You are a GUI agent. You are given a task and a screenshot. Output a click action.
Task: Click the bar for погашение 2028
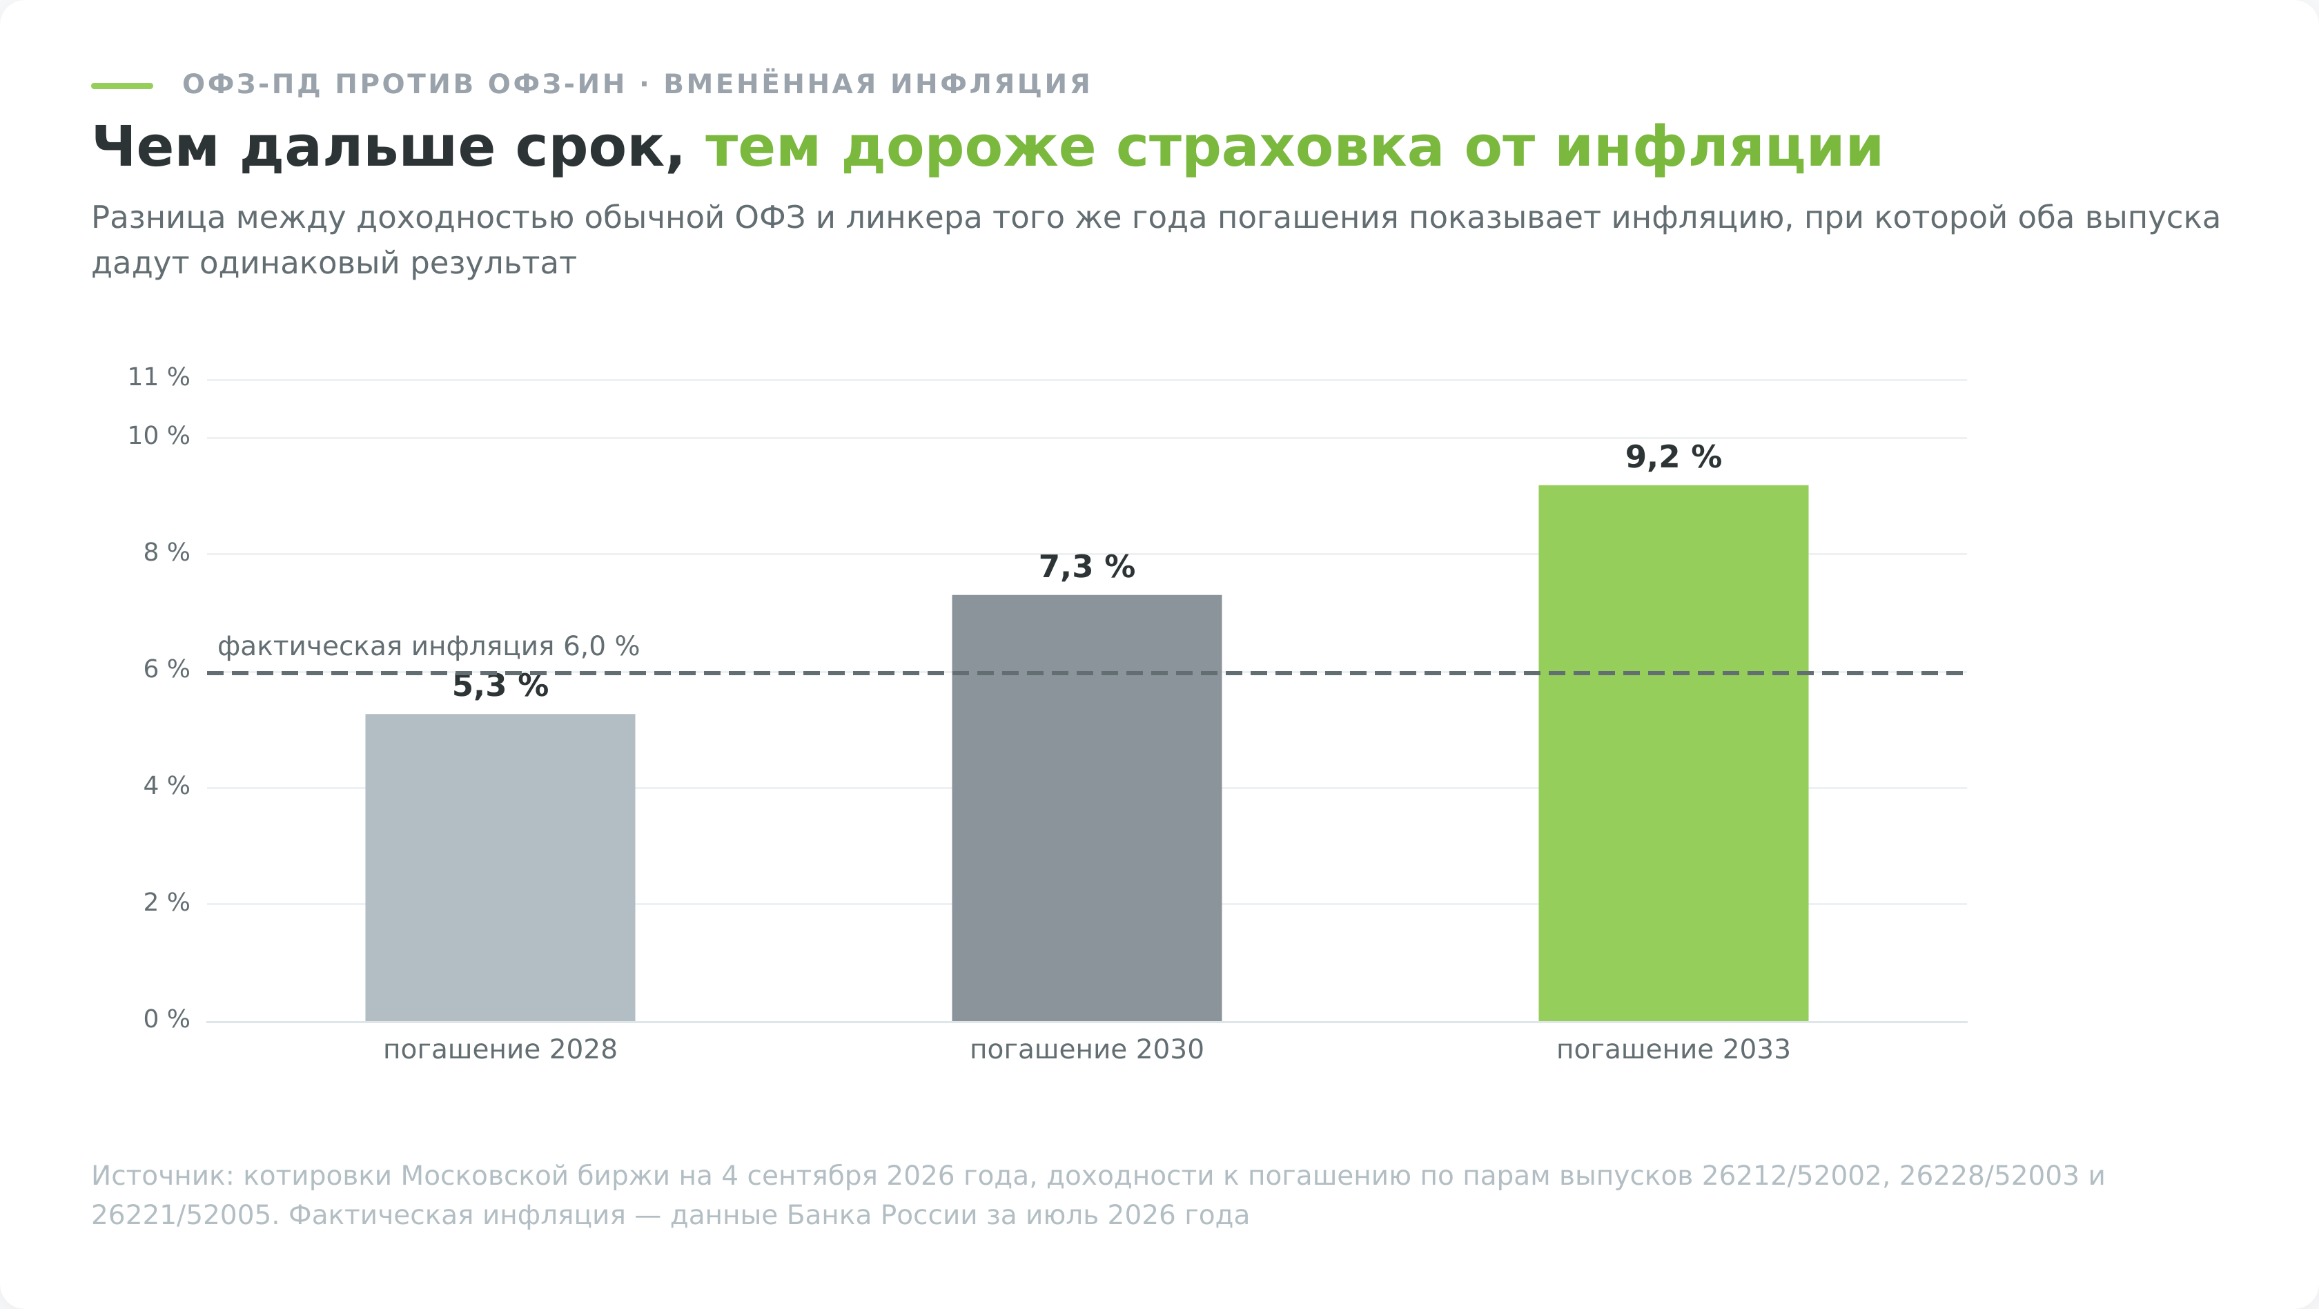[x=500, y=867]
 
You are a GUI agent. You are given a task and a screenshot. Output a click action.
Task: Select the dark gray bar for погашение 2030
[x=1086, y=808]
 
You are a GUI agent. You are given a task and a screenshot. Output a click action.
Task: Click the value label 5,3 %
[x=500, y=686]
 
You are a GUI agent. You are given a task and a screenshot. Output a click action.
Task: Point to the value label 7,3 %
[x=1086, y=568]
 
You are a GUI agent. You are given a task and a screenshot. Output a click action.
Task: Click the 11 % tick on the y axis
[x=159, y=377]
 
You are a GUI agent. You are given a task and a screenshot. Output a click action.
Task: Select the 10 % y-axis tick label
[x=159, y=436]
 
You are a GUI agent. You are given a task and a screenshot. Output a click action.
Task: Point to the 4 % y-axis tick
[x=166, y=786]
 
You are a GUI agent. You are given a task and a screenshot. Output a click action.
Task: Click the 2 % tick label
[x=166, y=902]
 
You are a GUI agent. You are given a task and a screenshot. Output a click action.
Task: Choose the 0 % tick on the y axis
[x=166, y=1019]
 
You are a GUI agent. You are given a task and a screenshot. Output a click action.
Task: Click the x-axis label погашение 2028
[x=500, y=1049]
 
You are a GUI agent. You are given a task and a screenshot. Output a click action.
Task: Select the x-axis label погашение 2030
[x=1086, y=1049]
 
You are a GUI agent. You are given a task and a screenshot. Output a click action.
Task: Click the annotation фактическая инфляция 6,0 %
[x=429, y=646]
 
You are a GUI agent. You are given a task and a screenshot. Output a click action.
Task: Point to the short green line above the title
[x=122, y=86]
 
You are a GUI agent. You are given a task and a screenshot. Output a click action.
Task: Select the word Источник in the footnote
[x=164, y=1176]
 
